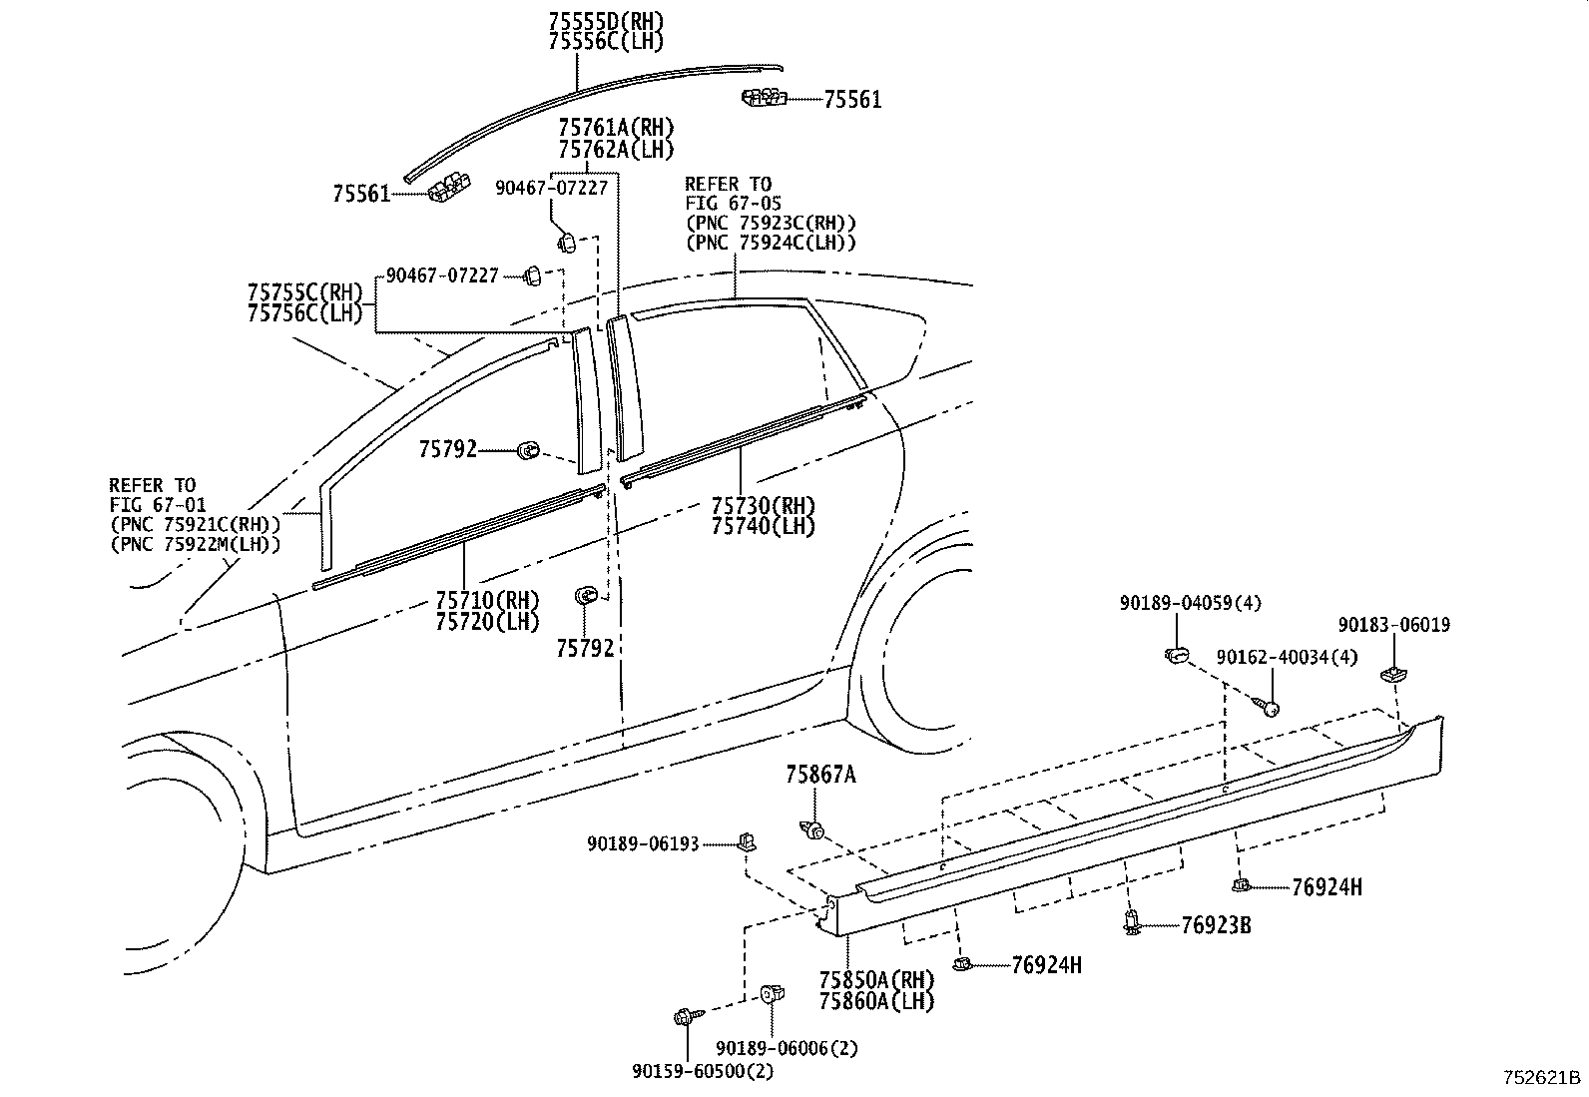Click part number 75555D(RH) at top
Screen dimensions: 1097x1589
tap(605, 21)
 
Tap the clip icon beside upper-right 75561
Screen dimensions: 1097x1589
tap(765, 97)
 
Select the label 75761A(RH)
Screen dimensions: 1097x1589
tap(616, 128)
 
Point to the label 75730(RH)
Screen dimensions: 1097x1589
tap(763, 506)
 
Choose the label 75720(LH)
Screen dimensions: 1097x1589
tap(487, 621)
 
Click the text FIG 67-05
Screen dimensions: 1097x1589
tap(733, 204)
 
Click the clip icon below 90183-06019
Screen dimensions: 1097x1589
tap(1391, 674)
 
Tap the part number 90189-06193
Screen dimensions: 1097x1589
tap(643, 844)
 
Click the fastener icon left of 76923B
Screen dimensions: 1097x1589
tap(1132, 922)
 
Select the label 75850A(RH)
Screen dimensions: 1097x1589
tap(876, 979)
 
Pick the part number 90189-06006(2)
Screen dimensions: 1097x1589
tap(788, 1048)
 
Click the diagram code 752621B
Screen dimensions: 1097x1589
tap(1541, 1079)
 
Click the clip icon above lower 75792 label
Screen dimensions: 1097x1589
tap(585, 596)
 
